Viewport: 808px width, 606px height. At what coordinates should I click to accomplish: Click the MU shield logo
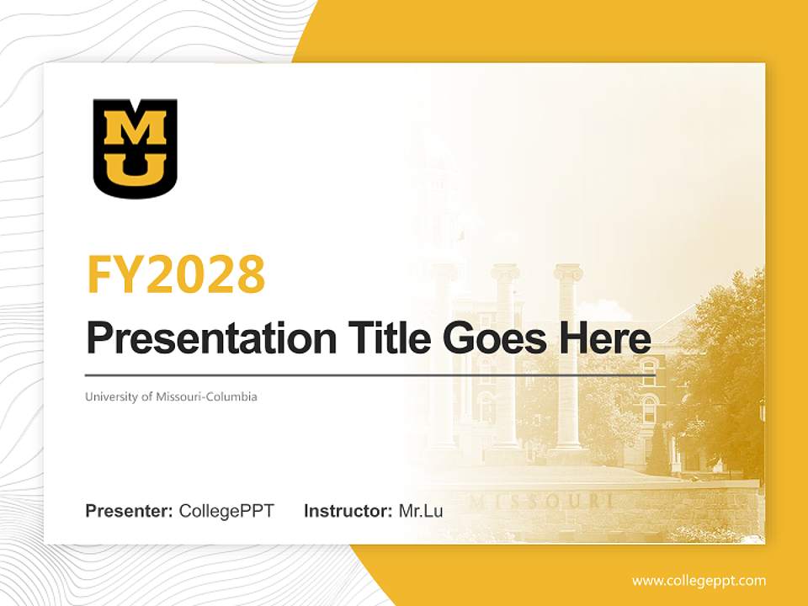click(x=135, y=148)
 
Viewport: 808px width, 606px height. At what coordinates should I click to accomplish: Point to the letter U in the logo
click(x=135, y=168)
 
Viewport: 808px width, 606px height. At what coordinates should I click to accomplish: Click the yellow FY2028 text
click(x=176, y=274)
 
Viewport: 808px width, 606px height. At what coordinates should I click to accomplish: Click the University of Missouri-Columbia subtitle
click(x=171, y=396)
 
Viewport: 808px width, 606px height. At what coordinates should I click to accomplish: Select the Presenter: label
click(x=130, y=511)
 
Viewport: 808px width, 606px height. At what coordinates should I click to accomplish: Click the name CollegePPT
click(x=226, y=511)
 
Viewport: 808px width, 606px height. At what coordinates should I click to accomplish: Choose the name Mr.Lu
click(x=421, y=511)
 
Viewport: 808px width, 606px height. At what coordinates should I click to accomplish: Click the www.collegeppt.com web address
click(x=699, y=581)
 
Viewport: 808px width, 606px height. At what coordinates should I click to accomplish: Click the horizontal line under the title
click(x=370, y=375)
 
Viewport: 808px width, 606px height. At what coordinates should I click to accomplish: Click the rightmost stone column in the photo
click(x=568, y=362)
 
